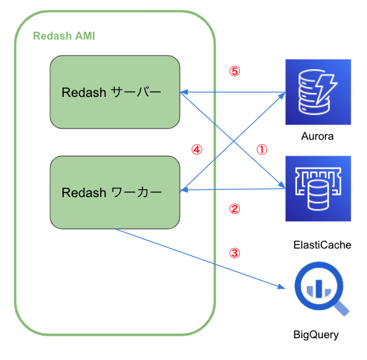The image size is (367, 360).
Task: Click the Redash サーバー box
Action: click(115, 92)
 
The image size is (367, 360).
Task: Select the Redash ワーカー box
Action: click(115, 192)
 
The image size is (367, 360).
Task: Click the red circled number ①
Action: click(262, 150)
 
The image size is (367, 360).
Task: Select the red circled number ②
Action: click(234, 209)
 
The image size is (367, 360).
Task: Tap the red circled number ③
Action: click(234, 252)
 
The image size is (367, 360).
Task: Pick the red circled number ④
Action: click(196, 150)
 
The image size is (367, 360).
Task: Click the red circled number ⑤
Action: click(234, 71)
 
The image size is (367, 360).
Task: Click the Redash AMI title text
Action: click(64, 36)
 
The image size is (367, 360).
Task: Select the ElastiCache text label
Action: click(322, 245)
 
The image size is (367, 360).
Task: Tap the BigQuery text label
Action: click(316, 335)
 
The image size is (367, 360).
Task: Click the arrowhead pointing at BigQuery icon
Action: click(282, 286)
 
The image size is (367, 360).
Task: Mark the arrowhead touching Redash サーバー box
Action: click(184, 92)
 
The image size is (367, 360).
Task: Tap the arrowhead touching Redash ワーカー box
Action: click(184, 190)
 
